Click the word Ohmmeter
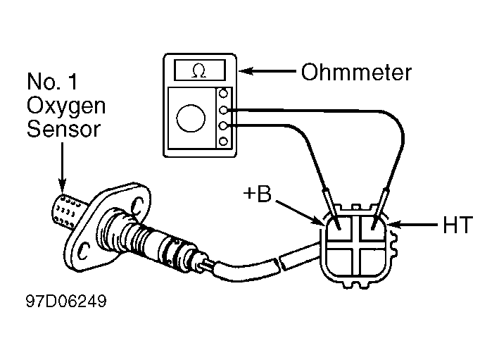click(x=356, y=73)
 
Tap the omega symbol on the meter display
click(x=199, y=70)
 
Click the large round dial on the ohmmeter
click(x=191, y=118)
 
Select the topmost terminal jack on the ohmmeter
click(x=223, y=94)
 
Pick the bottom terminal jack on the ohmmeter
click(x=223, y=141)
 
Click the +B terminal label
click(x=257, y=193)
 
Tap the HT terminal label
click(x=457, y=225)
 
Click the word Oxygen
click(x=66, y=106)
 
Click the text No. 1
click(x=52, y=81)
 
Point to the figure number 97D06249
click(x=66, y=301)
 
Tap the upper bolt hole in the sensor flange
click(x=137, y=206)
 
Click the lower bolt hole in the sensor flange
click(x=84, y=251)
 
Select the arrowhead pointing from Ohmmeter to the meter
click(x=246, y=70)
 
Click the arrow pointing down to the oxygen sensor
click(x=63, y=166)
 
